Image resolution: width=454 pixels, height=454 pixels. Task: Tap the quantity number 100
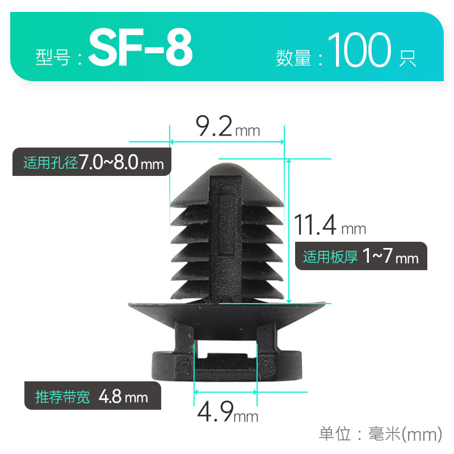[x=360, y=51]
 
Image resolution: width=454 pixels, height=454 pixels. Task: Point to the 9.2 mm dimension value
[x=214, y=126]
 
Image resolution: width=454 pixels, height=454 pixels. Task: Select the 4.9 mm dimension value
[x=215, y=412]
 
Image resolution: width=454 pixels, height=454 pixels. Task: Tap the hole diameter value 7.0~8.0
[x=108, y=163]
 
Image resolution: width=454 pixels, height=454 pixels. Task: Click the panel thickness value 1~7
[x=377, y=257]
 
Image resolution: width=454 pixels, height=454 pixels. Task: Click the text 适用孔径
[x=50, y=163]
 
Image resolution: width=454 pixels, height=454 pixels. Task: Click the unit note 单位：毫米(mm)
[x=380, y=435]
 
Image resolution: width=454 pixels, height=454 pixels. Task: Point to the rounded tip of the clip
[x=226, y=166]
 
